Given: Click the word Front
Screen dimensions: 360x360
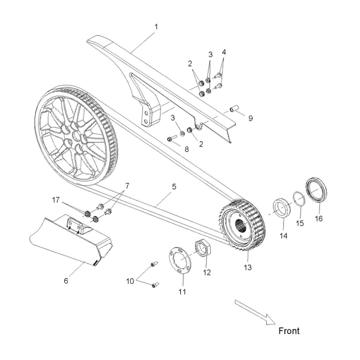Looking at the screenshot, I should point(288,331).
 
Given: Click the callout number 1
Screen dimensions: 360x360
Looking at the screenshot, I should point(156,27).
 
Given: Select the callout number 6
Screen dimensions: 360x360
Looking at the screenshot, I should point(66,281).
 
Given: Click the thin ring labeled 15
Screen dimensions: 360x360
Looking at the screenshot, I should point(298,198).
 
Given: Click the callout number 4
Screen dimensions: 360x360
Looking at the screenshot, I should point(224,52).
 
